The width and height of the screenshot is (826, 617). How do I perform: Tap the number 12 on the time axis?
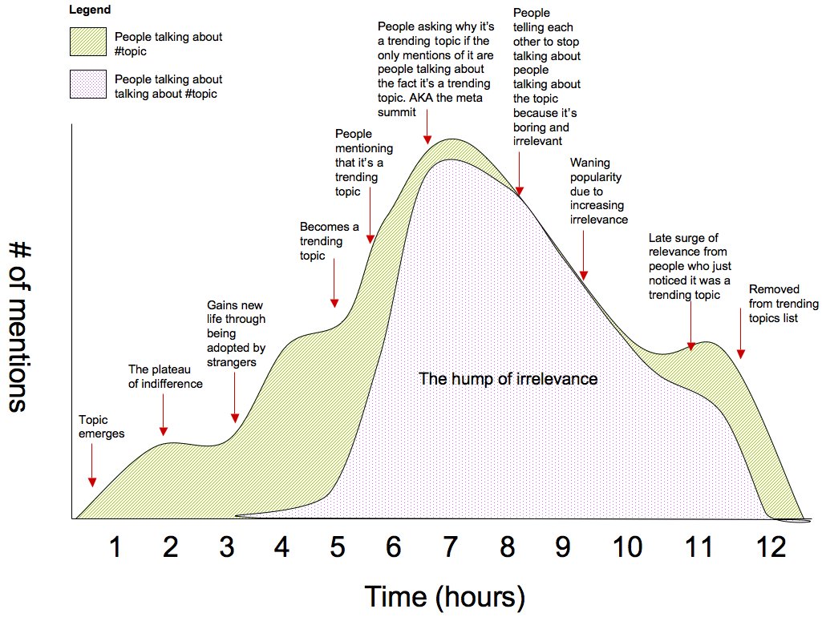click(x=771, y=547)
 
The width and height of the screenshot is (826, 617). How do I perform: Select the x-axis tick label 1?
click(x=115, y=547)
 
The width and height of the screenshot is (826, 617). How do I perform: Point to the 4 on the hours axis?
click(x=281, y=547)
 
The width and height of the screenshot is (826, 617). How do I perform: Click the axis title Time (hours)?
click(x=445, y=596)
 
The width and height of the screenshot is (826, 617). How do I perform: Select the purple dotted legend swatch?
click(x=88, y=87)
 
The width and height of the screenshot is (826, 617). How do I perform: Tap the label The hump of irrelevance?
click(x=508, y=378)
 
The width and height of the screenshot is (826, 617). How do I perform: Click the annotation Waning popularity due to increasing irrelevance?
click(x=598, y=192)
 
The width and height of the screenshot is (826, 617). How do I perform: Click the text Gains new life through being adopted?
click(x=236, y=333)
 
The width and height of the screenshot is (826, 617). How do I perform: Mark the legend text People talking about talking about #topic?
click(x=168, y=87)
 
